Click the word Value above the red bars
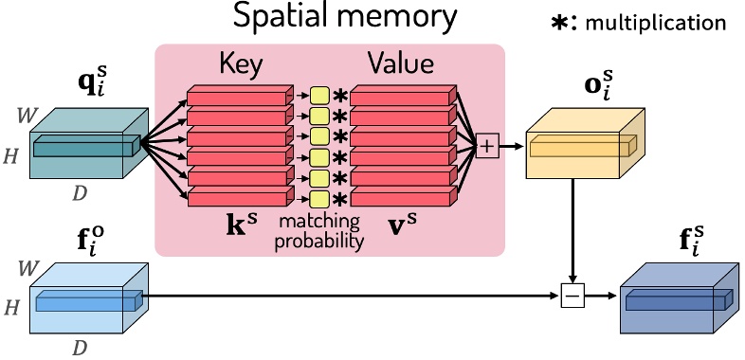click(x=401, y=64)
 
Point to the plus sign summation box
click(x=488, y=146)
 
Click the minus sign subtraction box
click(x=572, y=297)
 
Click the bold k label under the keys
click(x=241, y=227)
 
